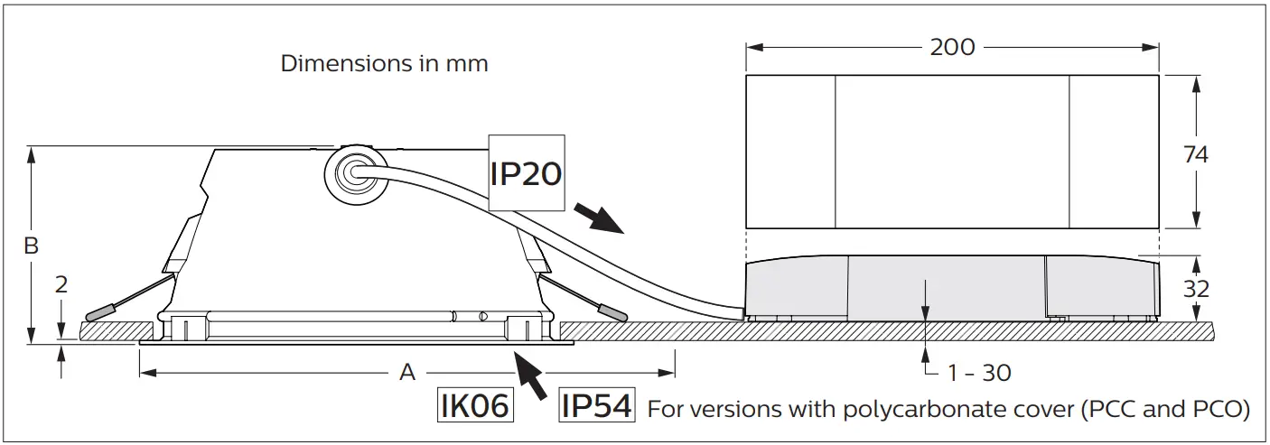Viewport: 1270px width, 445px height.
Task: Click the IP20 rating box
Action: [x=526, y=173]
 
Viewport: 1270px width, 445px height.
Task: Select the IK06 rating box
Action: [x=474, y=405]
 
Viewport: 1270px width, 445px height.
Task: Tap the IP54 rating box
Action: [x=595, y=405]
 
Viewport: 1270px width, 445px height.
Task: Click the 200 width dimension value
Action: [x=952, y=47]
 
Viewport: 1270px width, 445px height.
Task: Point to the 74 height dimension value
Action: [x=1196, y=155]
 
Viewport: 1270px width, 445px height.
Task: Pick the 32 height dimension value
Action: [x=1196, y=289]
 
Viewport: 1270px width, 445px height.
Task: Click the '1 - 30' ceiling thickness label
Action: [x=979, y=372]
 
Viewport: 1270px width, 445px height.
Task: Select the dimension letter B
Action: [x=31, y=246]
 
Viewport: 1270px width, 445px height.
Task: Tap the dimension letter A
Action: [x=407, y=372]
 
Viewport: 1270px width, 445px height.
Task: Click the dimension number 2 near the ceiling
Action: [x=61, y=285]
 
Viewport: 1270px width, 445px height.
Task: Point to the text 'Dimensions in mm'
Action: [x=384, y=64]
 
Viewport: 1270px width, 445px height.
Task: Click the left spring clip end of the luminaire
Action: [x=98, y=312]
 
